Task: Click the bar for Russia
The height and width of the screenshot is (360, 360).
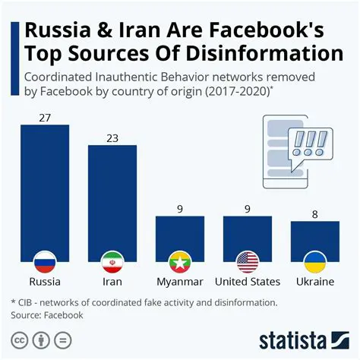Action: point(44,190)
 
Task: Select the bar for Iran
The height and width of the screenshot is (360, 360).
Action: point(112,197)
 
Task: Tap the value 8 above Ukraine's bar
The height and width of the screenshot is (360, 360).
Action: point(315,213)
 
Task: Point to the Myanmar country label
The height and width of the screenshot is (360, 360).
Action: point(180,282)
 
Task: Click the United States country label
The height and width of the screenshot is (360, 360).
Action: point(248,282)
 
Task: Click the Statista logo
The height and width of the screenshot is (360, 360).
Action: point(304,339)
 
